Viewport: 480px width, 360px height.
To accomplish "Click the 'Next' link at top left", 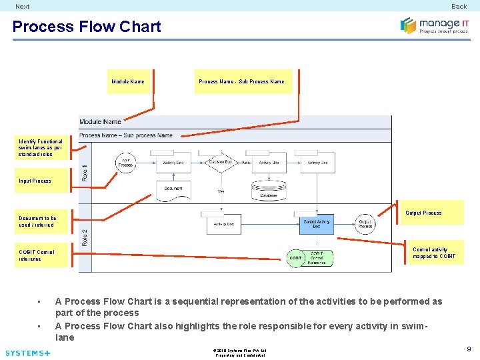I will click(23, 6).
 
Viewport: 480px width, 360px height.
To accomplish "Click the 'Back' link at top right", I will click(459, 6).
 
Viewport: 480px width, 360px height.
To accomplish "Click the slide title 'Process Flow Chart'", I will click(87, 27).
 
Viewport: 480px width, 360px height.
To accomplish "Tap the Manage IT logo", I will click(434, 25).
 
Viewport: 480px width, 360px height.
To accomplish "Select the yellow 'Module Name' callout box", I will click(128, 81).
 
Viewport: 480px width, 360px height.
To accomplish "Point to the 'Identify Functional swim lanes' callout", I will click(41, 148).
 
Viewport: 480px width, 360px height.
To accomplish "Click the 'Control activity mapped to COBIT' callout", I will click(434, 253).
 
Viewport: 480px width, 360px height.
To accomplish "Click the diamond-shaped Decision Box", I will click(220, 162).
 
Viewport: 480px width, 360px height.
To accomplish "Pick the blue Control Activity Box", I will click(317, 225).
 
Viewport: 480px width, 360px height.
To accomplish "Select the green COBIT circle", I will click(296, 258).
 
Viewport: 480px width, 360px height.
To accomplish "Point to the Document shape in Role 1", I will click(173, 189).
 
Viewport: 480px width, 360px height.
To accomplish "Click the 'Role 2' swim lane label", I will click(85, 237).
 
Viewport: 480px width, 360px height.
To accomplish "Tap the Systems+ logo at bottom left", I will click(27, 353).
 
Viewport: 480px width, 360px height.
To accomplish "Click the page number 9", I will click(469, 349).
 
